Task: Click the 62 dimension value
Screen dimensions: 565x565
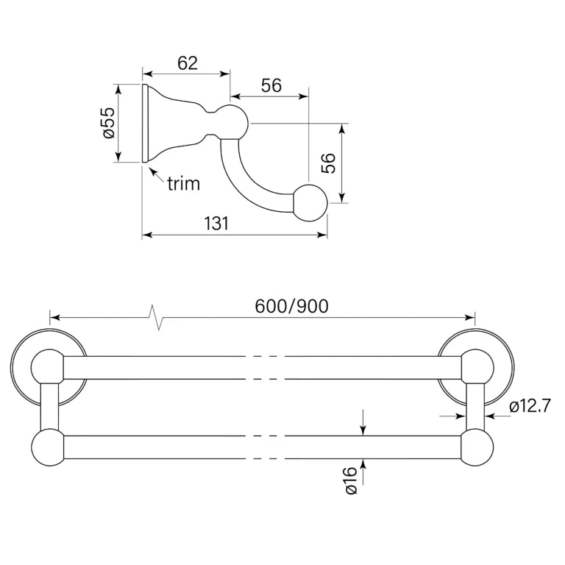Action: (188, 63)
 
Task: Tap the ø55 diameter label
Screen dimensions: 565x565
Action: (108, 123)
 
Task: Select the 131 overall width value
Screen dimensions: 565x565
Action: (216, 224)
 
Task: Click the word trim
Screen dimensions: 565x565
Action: (183, 183)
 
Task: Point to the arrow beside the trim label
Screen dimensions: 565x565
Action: (157, 175)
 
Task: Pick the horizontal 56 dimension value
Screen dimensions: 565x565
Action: (271, 86)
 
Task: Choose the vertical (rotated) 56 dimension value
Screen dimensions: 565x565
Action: (327, 163)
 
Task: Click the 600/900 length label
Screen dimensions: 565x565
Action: (291, 306)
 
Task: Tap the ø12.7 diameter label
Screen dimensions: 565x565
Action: (530, 406)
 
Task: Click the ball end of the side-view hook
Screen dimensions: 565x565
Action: (311, 202)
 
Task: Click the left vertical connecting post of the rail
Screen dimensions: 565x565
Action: (49, 406)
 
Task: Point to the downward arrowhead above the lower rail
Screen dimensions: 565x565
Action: (363, 430)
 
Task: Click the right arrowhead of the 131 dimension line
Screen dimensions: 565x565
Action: (321, 235)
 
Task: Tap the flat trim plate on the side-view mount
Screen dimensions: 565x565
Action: (145, 123)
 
